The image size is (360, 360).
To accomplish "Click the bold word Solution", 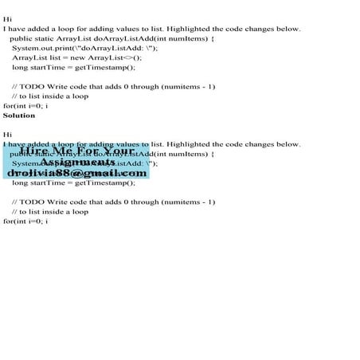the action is tap(19, 115).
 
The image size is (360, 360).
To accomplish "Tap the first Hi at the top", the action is tap(7, 19).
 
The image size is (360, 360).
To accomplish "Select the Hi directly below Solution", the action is tap(7, 135).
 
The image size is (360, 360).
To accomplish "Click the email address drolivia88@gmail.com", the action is tap(77, 173).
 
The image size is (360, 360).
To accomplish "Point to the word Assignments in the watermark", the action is tap(77, 162).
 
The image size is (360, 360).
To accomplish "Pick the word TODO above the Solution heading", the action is tap(33, 87).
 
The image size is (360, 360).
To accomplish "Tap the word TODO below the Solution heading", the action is tap(33, 202).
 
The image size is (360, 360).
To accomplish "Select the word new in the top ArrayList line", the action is tap(80, 58).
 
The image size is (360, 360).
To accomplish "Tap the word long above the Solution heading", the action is tap(20, 68).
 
